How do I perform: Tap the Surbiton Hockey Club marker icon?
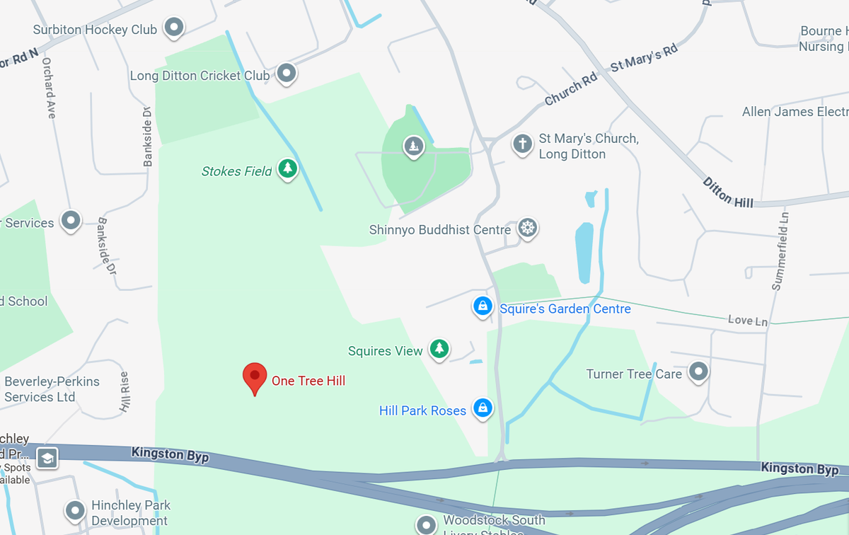tap(174, 28)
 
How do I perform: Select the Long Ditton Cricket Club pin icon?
tap(286, 73)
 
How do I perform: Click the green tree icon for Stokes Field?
tap(287, 168)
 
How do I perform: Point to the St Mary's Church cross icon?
tap(522, 144)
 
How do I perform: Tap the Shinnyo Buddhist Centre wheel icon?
tap(527, 228)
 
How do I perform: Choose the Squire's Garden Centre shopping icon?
tap(482, 306)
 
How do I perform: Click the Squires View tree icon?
tap(439, 348)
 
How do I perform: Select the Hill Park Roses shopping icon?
tap(483, 408)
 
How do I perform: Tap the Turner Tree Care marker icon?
tap(699, 372)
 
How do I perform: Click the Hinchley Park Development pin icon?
tap(75, 510)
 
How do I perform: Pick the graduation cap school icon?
tap(47, 458)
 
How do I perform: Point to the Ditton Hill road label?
tap(727, 192)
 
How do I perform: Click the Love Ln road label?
tap(748, 321)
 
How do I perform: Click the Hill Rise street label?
tap(125, 392)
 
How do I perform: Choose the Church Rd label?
tap(570, 91)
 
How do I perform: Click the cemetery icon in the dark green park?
tap(413, 146)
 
